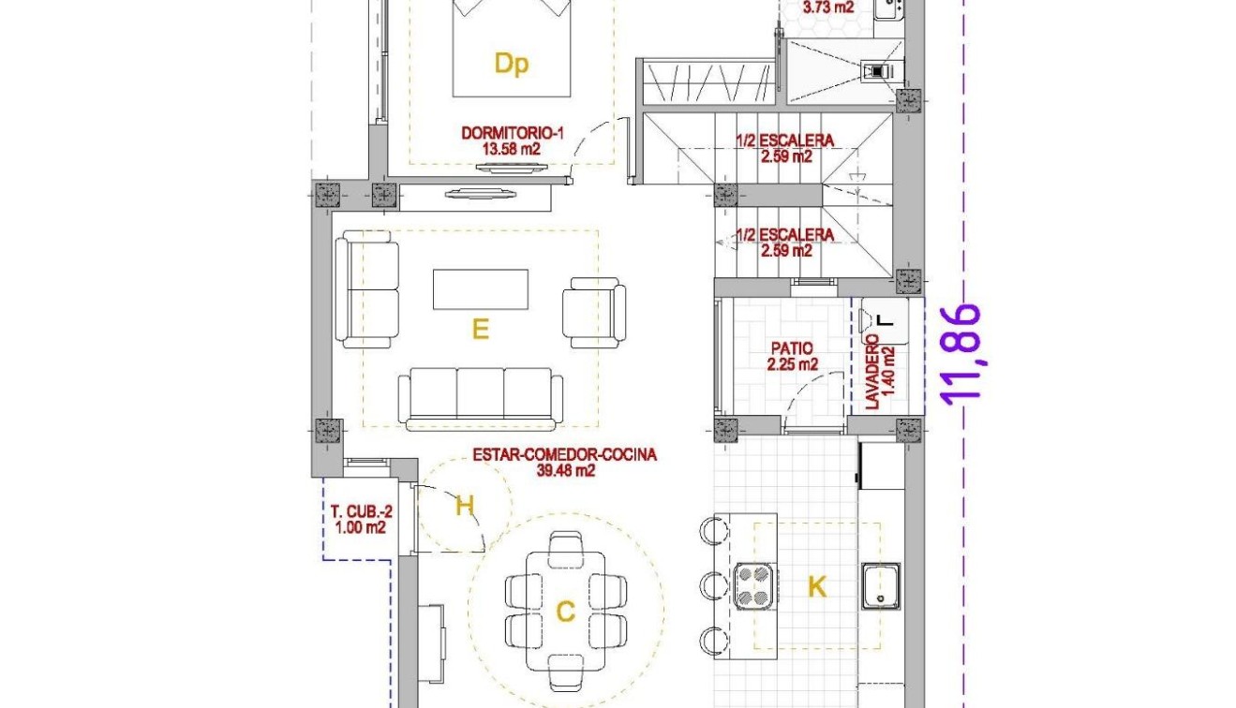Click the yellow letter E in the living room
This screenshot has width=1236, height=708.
[480, 330]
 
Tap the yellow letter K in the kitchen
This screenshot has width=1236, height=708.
[817, 587]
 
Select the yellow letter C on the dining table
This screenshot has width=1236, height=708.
[565, 612]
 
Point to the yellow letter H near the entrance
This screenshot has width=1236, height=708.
[465, 506]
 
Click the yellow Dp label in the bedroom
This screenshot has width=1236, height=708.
[512, 64]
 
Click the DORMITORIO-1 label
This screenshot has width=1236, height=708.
[513, 133]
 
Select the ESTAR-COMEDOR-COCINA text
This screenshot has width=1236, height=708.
[564, 455]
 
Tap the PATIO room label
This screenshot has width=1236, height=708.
[792, 348]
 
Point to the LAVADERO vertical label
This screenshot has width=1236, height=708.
[872, 372]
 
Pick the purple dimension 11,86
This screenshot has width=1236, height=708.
[963, 352]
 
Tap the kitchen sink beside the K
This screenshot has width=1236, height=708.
[881, 585]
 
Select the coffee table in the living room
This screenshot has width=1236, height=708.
[480, 288]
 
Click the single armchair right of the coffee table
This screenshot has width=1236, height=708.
[593, 313]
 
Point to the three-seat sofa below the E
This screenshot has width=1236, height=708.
[481, 396]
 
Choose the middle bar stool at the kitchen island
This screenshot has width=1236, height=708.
[713, 586]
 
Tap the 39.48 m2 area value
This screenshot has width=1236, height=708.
[564, 471]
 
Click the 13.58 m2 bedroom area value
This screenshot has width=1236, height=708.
[513, 149]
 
